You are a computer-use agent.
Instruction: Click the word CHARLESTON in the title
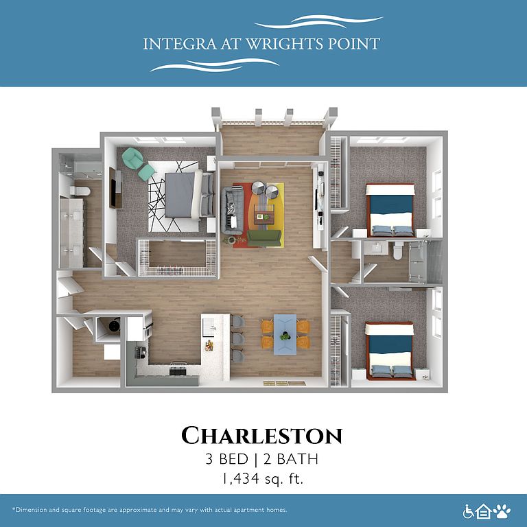tap(262, 436)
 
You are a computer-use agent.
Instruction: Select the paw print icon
tap(502, 511)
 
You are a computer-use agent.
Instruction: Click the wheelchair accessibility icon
tap(468, 511)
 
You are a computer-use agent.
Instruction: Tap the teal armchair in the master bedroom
tap(132, 158)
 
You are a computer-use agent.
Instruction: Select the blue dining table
tap(285, 334)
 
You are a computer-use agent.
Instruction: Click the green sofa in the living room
tap(264, 238)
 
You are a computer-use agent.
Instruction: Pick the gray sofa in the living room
tap(232, 211)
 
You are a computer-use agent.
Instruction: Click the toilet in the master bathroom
tap(80, 191)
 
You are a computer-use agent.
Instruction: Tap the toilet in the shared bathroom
tap(397, 250)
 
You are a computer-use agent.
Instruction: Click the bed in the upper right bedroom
tap(390, 211)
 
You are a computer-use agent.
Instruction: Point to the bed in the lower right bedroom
tap(390, 351)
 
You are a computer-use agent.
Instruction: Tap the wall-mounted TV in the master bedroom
tap(113, 188)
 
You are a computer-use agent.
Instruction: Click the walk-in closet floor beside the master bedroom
tap(177, 254)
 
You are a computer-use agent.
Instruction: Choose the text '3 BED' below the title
tap(227, 459)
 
